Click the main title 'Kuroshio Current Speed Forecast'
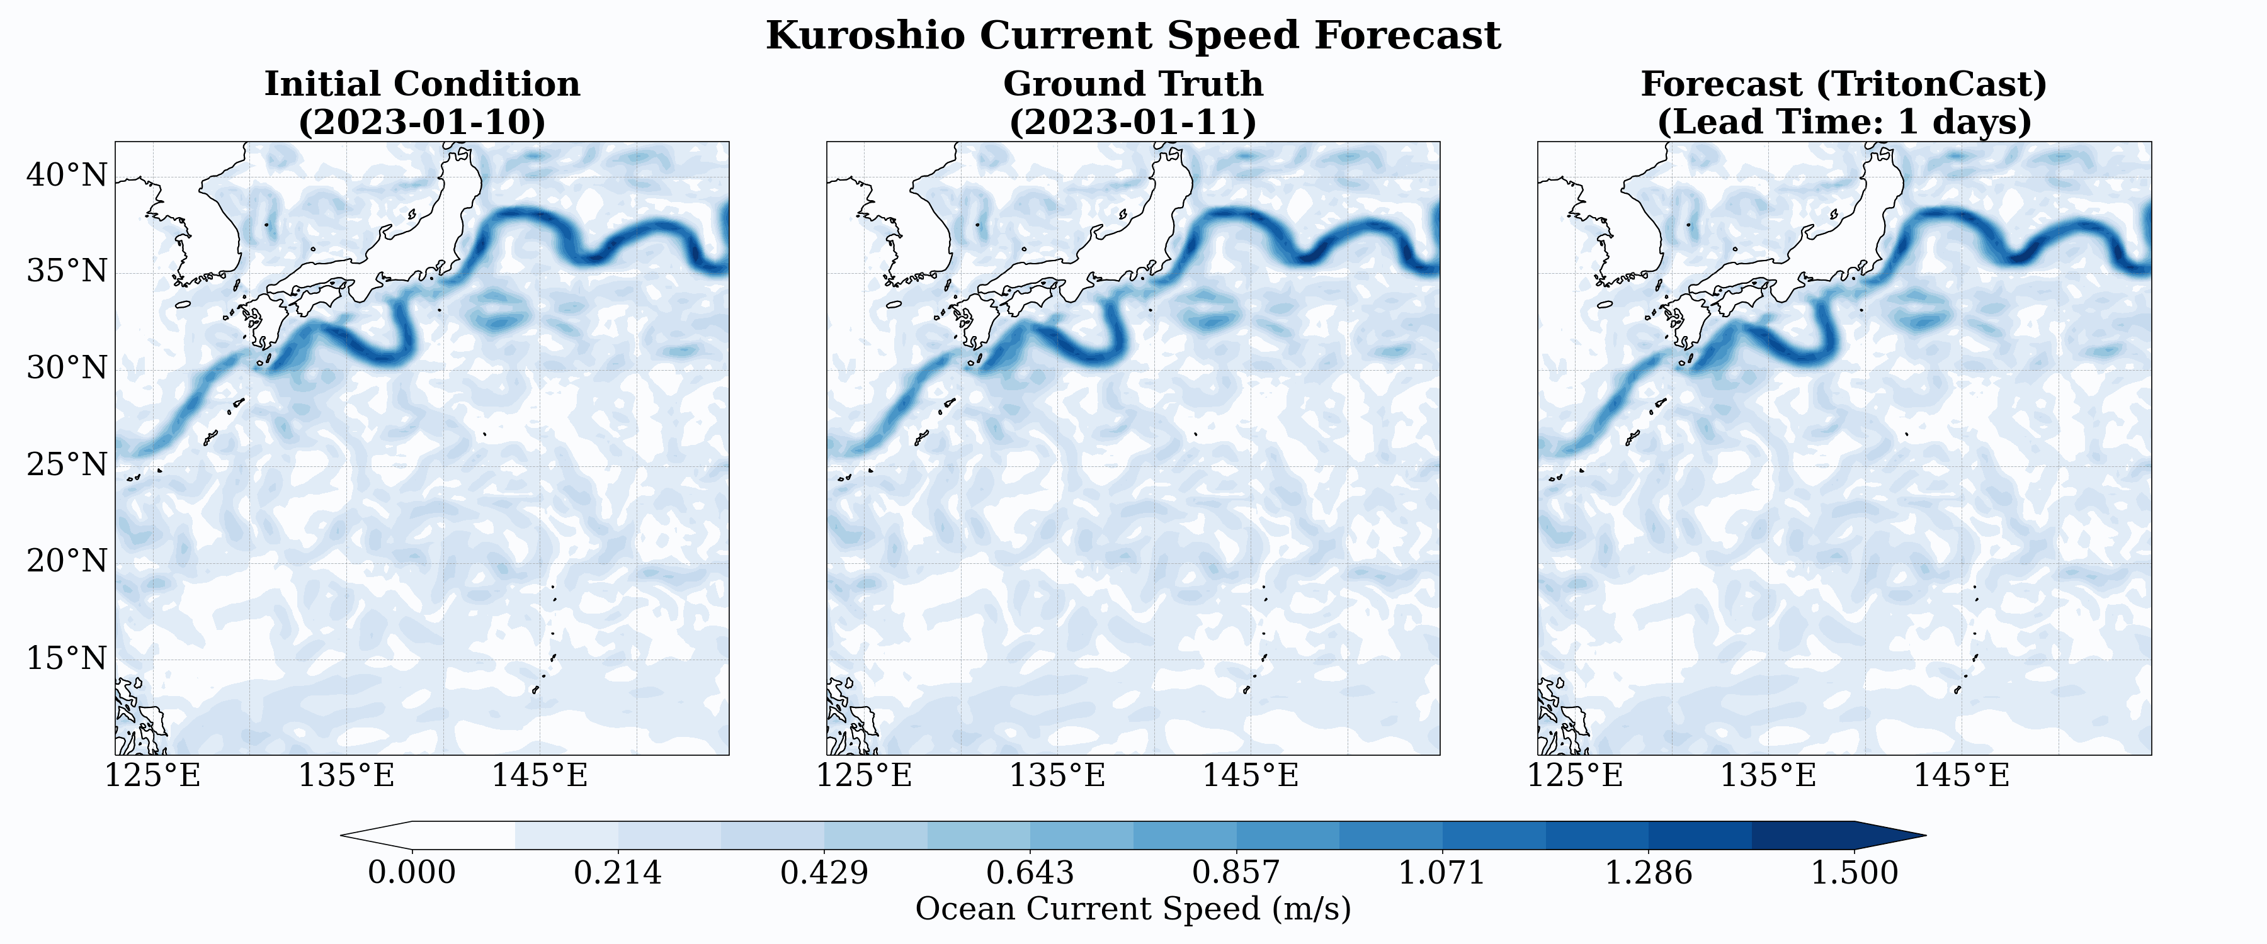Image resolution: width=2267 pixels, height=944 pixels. point(1133,36)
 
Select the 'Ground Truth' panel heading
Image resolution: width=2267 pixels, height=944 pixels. point(1133,84)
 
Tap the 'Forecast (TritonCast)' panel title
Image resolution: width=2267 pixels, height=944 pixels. point(1844,84)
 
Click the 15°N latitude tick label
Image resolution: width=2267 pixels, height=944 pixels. point(67,658)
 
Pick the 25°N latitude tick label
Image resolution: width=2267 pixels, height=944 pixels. point(67,464)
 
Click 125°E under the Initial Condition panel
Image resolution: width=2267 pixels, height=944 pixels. point(153,776)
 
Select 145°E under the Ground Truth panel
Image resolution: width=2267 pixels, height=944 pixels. point(1251,776)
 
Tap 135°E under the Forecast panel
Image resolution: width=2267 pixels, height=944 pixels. point(1768,776)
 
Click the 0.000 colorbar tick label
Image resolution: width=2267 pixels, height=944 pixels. point(412,873)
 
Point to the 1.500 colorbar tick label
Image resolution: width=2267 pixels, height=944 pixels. point(1855,873)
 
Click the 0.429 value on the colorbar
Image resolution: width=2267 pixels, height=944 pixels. point(824,873)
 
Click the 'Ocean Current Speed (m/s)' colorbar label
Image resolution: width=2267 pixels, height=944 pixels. point(1133,909)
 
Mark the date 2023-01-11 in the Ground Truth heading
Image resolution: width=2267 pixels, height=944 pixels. point(1133,121)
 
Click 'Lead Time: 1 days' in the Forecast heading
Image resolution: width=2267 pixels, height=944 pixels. point(1844,121)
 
